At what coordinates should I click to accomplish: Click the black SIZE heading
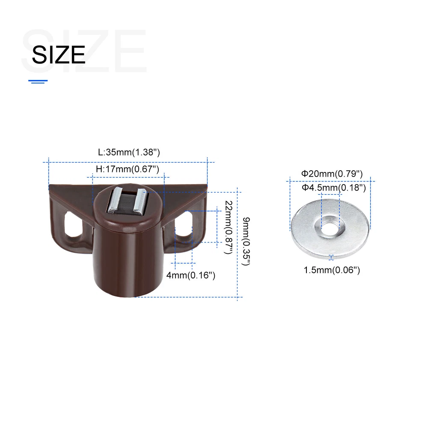tap(59, 55)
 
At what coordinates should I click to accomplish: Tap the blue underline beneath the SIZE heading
tap(38, 81)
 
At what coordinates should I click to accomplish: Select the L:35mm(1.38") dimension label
tap(129, 152)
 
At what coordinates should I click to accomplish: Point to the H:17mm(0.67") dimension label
tap(128, 169)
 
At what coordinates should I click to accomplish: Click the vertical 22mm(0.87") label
tap(229, 227)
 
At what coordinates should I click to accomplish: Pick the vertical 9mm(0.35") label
tap(246, 241)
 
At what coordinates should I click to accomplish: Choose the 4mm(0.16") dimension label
tap(191, 275)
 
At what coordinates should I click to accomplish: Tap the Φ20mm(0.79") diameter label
tap(332, 174)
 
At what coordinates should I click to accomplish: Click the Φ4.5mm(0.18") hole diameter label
tap(333, 187)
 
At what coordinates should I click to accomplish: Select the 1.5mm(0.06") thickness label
tap(332, 270)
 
